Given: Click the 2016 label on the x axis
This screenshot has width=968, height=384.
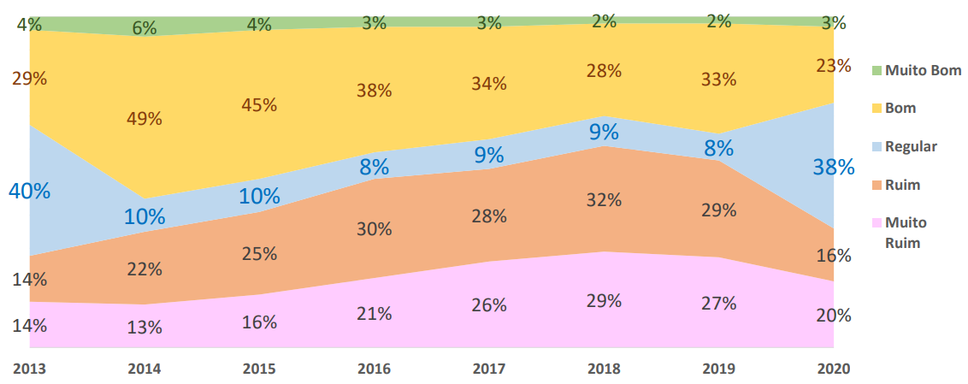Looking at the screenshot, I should tap(374, 369).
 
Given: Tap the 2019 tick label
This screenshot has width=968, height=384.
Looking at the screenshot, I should tap(718, 369).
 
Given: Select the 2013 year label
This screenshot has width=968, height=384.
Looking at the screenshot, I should tap(29, 369).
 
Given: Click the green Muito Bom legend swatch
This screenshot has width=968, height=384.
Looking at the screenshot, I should tap(876, 70).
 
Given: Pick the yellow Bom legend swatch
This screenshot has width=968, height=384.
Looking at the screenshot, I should tap(876, 109).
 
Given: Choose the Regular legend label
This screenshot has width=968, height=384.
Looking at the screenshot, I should tap(912, 146).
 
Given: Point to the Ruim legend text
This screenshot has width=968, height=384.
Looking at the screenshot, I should tap(903, 185).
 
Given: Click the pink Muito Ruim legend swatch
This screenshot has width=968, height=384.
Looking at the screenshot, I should tap(876, 223).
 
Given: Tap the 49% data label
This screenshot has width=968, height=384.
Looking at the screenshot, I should tap(144, 119).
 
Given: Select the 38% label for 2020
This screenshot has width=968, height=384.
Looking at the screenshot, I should tap(834, 167).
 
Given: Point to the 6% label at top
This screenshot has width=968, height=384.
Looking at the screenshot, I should tap(144, 27).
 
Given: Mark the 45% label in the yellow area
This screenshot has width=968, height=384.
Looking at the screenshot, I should tap(259, 104).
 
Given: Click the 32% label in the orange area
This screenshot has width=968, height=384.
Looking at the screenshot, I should tap(604, 200).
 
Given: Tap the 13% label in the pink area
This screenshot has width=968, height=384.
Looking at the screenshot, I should tap(144, 326).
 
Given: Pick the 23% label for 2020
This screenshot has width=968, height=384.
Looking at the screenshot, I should tap(834, 65).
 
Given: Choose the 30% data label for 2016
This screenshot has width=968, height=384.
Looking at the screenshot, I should tap(374, 229).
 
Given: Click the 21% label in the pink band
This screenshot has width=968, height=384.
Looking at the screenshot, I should tap(374, 314).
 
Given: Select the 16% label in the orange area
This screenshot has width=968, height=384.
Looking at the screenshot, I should tap(834, 255).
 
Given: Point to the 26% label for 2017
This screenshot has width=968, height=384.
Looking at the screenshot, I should tap(489, 304).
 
